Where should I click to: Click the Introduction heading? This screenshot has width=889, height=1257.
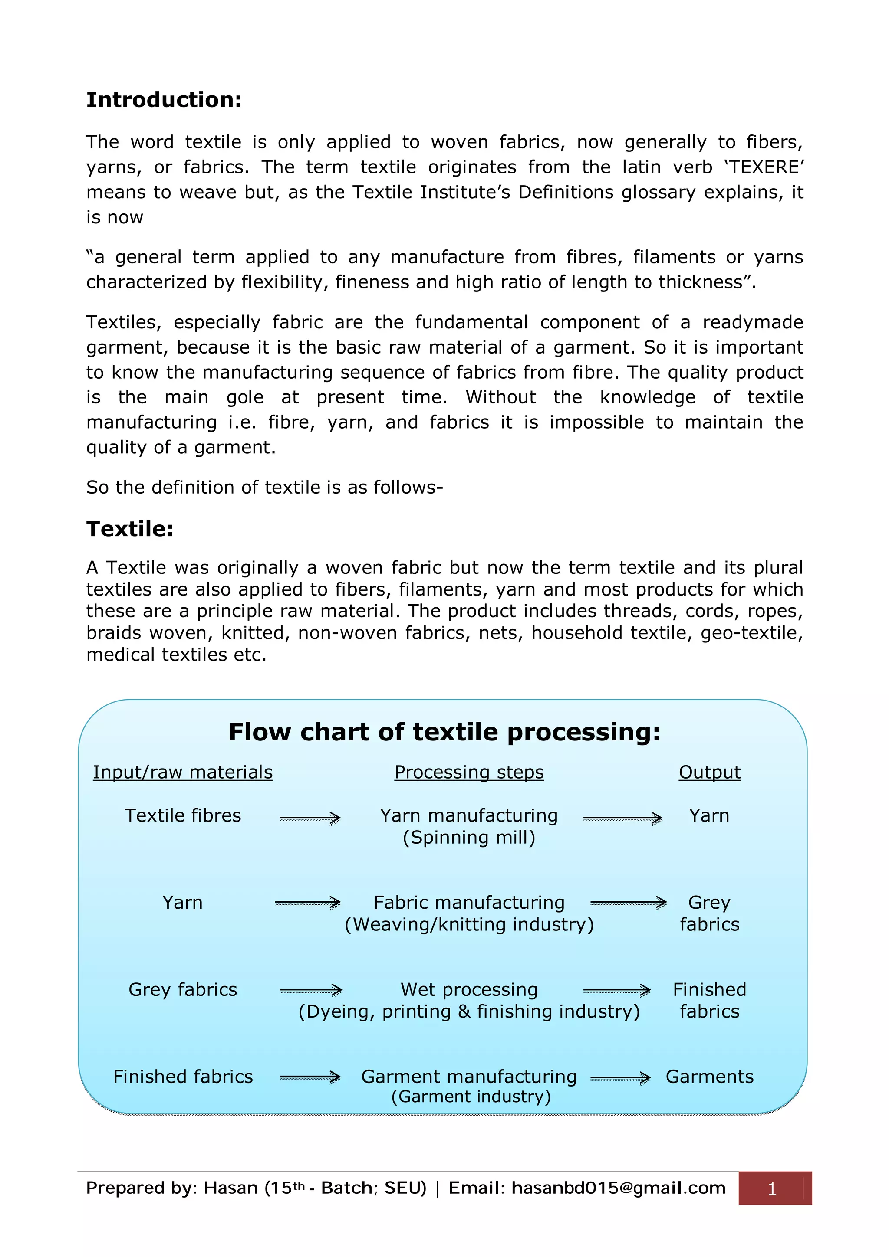[x=164, y=100]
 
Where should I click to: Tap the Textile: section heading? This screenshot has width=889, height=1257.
[x=130, y=529]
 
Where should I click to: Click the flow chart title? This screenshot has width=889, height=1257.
[x=444, y=732]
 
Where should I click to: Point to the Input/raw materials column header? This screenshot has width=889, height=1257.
[x=182, y=772]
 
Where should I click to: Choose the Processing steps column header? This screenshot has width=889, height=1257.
[x=469, y=772]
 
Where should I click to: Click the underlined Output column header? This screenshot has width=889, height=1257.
[x=709, y=772]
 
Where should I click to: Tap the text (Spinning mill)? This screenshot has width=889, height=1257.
[x=469, y=838]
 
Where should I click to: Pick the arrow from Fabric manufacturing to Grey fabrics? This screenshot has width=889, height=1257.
[x=628, y=903]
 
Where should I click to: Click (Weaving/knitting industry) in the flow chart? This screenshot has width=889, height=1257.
[x=469, y=925]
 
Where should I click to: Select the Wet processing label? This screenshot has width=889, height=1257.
[x=469, y=990]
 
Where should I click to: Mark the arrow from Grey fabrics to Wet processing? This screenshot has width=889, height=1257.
[x=310, y=990]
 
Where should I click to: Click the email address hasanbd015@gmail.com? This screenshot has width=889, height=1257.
[x=619, y=1188]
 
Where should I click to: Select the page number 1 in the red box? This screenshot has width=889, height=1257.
[x=772, y=1189]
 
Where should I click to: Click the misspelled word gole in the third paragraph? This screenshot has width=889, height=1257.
[x=245, y=397]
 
